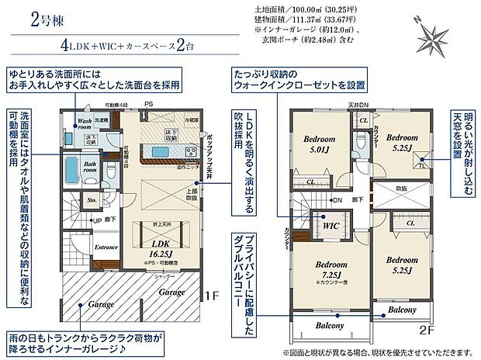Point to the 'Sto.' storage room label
[x=91, y=200]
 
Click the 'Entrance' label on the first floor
[x=106, y=247]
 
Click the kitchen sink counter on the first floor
[x=166, y=149]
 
